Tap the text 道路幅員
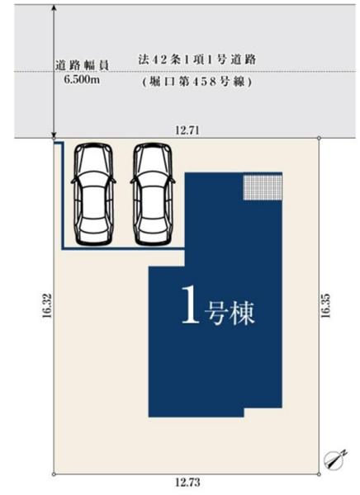pos(83,64)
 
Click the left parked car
pos(92,194)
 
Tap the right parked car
pos(153,194)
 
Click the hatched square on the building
pos(262,186)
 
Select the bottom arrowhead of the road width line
pos(54,134)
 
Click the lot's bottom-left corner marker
pos(54,474)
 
